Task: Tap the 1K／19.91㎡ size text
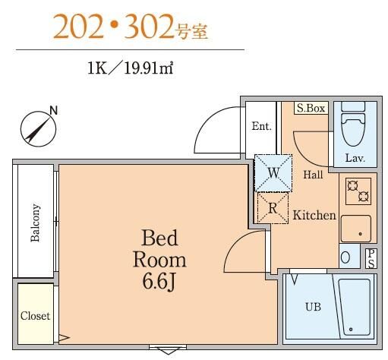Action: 131,68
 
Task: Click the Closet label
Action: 35,315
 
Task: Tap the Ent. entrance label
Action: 261,126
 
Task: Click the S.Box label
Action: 311,109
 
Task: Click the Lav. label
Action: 355,159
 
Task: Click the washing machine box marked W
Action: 273,172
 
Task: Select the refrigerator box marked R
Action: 273,206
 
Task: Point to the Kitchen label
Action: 314,216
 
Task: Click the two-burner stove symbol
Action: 358,191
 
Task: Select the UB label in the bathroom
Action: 312,308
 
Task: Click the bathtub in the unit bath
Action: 355,305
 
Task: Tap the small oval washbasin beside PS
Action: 346,257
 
